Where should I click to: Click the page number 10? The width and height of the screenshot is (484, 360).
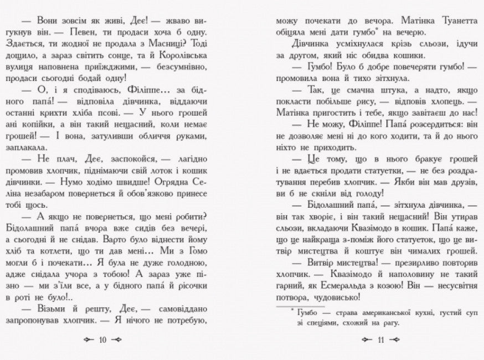102,340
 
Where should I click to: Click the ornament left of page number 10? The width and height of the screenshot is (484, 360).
85,340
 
